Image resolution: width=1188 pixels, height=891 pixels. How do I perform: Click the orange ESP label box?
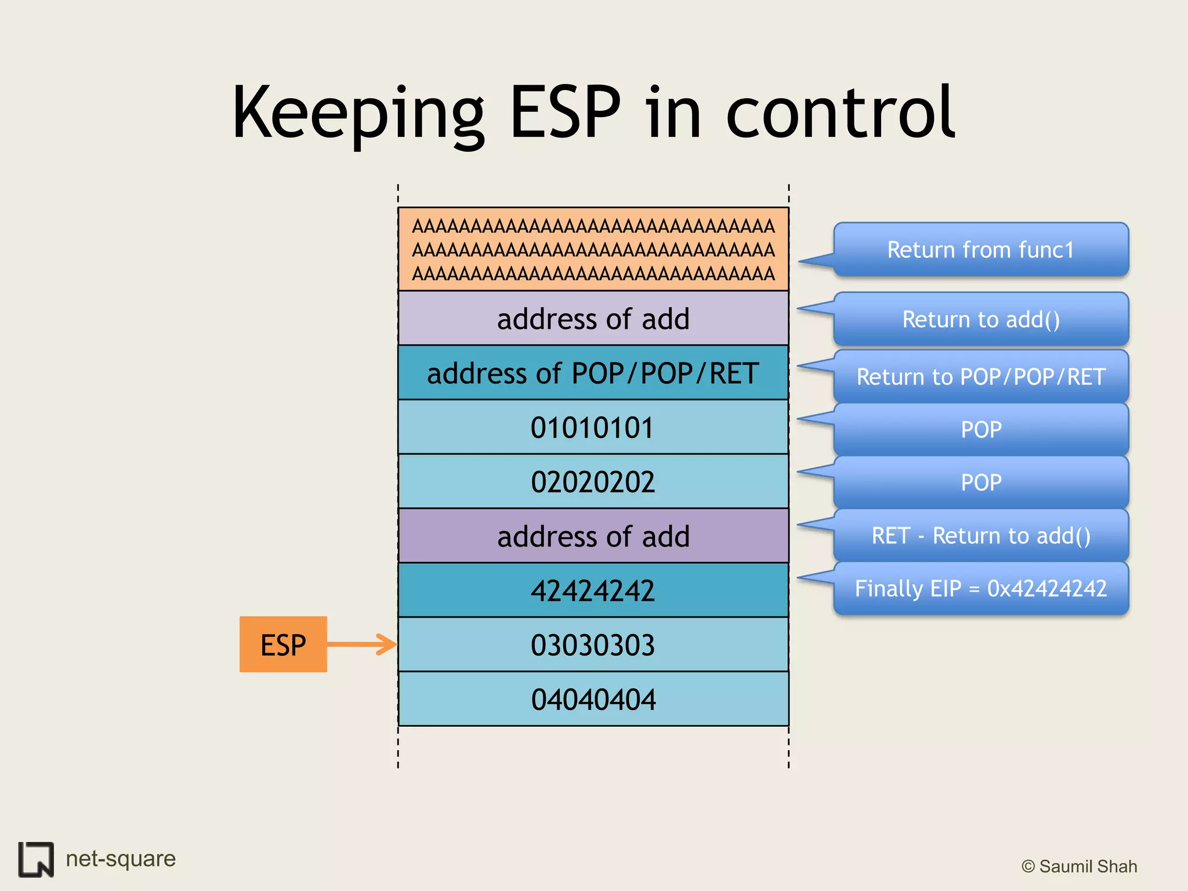(x=283, y=644)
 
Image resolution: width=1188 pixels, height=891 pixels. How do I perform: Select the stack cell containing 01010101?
(x=593, y=428)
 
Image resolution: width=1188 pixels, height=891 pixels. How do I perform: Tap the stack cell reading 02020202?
(x=593, y=481)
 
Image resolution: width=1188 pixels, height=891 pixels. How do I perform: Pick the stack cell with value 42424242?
(x=593, y=591)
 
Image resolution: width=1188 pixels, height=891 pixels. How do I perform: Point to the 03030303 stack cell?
(x=593, y=644)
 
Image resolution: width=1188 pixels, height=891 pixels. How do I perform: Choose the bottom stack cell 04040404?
(x=593, y=699)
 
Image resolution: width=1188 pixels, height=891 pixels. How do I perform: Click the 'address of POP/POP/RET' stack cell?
(x=593, y=373)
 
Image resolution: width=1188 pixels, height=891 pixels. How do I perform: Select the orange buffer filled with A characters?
(x=593, y=249)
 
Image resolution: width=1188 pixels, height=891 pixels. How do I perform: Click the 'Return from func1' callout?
(x=980, y=250)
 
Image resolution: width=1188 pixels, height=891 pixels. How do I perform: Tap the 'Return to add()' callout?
(x=980, y=320)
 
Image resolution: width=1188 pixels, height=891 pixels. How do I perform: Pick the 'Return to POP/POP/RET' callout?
(x=980, y=377)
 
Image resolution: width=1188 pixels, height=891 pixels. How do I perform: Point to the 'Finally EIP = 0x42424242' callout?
(x=980, y=589)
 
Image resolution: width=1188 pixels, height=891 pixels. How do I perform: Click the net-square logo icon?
(x=36, y=859)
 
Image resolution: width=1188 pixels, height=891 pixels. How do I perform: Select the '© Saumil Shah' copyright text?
(x=1079, y=866)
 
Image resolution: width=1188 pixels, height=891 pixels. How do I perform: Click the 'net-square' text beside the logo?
(x=121, y=859)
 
